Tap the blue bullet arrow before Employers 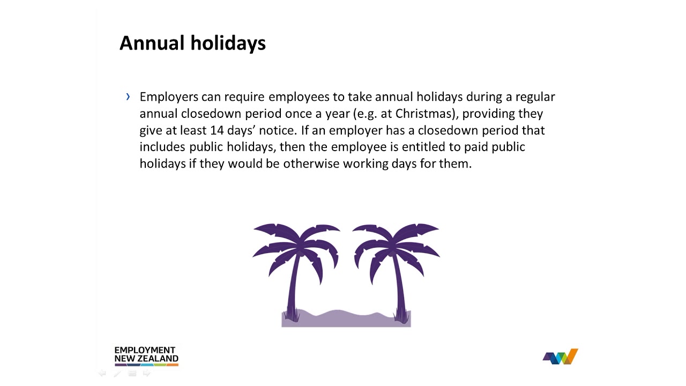pos(128,96)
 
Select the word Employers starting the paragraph pos(169,97)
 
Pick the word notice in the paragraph pos(276,130)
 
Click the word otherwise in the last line pos(311,164)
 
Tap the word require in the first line pos(244,97)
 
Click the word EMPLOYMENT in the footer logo pos(145,350)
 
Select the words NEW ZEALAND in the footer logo pos(146,359)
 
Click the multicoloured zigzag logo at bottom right pos(561,357)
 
